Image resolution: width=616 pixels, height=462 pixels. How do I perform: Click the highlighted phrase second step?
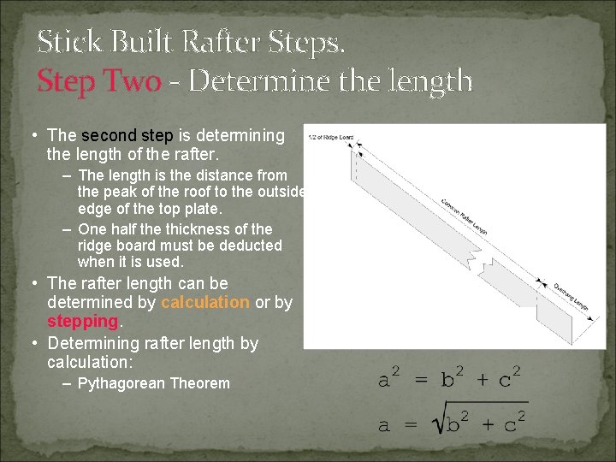(127, 135)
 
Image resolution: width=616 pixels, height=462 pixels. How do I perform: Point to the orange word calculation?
(205, 302)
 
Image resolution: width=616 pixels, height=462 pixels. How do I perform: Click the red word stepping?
(82, 321)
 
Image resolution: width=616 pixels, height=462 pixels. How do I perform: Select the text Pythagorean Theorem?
(153, 383)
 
